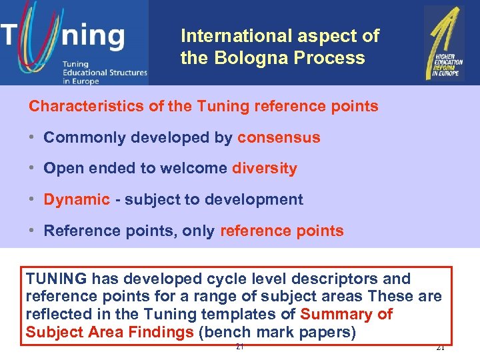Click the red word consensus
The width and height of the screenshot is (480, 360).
pyautogui.click(x=279, y=138)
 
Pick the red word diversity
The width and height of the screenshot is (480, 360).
pyautogui.click(x=264, y=169)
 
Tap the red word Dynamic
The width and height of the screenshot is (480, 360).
pyautogui.click(x=77, y=199)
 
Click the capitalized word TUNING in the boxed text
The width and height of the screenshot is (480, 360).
pyautogui.click(x=56, y=279)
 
